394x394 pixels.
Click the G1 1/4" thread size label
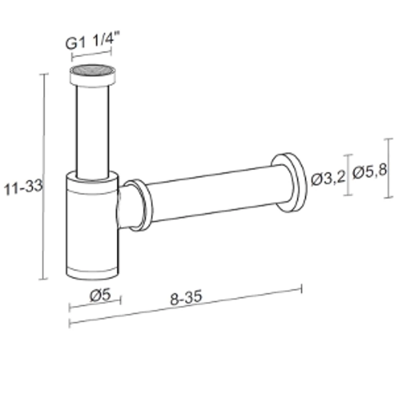[x=93, y=40]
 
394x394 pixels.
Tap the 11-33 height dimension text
[x=23, y=187]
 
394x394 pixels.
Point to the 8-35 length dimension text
[x=186, y=297]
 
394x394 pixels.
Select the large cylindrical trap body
[x=92, y=225]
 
